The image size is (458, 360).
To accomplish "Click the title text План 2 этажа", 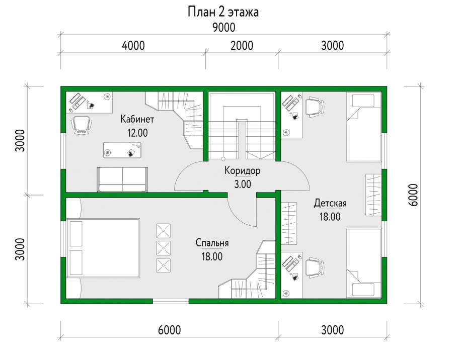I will pyautogui.click(x=223, y=12).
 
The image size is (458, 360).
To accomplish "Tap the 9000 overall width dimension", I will pyautogui.click(x=224, y=27).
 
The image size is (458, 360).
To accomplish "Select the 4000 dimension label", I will pyautogui.click(x=133, y=46).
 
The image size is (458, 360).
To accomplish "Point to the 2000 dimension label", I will pyautogui.click(x=242, y=46).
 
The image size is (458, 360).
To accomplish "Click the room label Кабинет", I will pyautogui.click(x=137, y=120).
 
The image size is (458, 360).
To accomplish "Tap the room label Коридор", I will pyautogui.click(x=242, y=170).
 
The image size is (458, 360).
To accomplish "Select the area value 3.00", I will pyautogui.click(x=242, y=184).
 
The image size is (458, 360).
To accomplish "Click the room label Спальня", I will pyautogui.click(x=212, y=243).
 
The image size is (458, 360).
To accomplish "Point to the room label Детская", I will pyautogui.click(x=330, y=204).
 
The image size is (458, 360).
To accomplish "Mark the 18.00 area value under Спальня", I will pyautogui.click(x=212, y=256).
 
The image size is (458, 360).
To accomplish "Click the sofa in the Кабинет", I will pyautogui.click(x=122, y=179).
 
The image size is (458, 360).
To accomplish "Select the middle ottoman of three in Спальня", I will pyautogui.click(x=164, y=247).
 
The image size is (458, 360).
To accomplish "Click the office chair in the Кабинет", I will pyautogui.click(x=82, y=125).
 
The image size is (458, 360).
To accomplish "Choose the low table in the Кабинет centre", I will pyautogui.click(x=123, y=150).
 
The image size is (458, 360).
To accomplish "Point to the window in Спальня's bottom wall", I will pyautogui.click(x=171, y=301).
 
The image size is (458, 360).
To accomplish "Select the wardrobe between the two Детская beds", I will pyautogui.click(x=373, y=195).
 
